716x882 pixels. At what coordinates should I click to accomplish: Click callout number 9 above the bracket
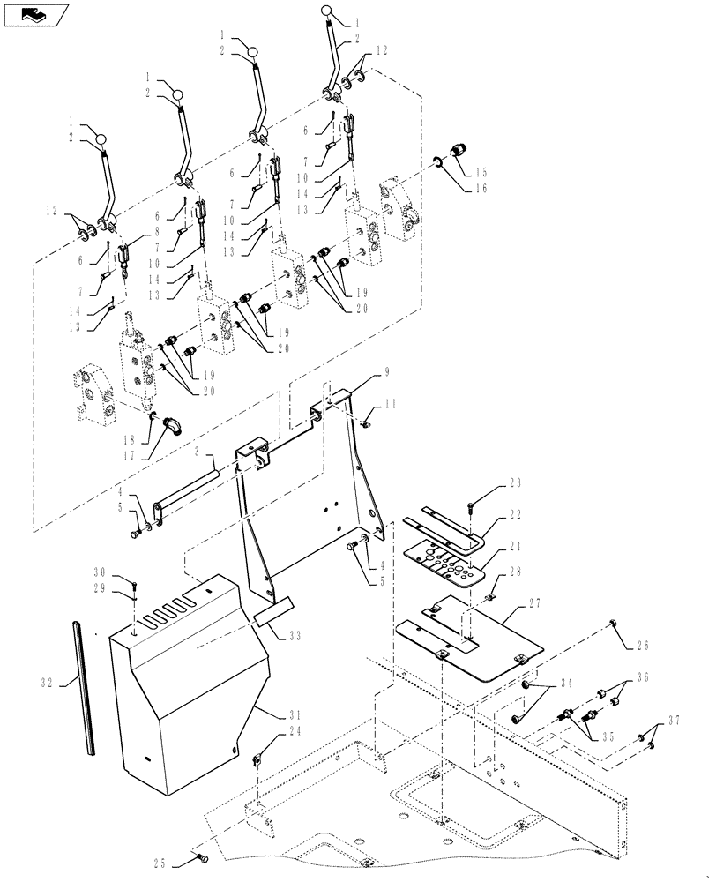384,373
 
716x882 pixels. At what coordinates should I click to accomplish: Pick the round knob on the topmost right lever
325,11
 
